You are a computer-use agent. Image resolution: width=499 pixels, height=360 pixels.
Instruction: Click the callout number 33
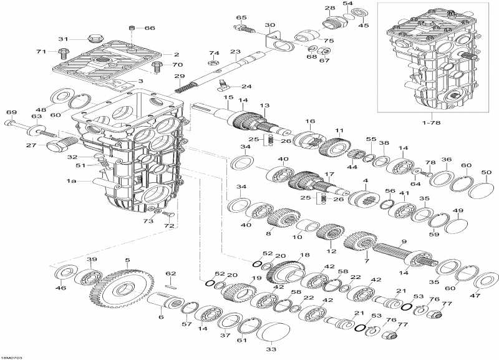pyautogui.click(x=270, y=350)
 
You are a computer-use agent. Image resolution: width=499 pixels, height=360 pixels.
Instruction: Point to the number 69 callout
pyautogui.click(x=10, y=112)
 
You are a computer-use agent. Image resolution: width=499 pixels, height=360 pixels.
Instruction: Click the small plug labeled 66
pyautogui.click(x=131, y=28)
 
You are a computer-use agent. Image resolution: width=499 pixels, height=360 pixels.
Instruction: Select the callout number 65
pyautogui.click(x=241, y=17)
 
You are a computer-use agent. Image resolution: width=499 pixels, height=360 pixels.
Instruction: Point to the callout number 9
pyautogui.click(x=404, y=242)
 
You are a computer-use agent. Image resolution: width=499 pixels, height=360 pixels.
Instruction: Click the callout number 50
pyautogui.click(x=486, y=172)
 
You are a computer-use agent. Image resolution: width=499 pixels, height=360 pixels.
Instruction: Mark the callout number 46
pyautogui.click(x=61, y=289)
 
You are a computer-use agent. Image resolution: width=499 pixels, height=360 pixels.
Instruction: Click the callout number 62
pyautogui.click(x=171, y=274)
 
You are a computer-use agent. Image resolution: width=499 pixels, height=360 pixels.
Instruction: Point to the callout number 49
pyautogui.click(x=458, y=211)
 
